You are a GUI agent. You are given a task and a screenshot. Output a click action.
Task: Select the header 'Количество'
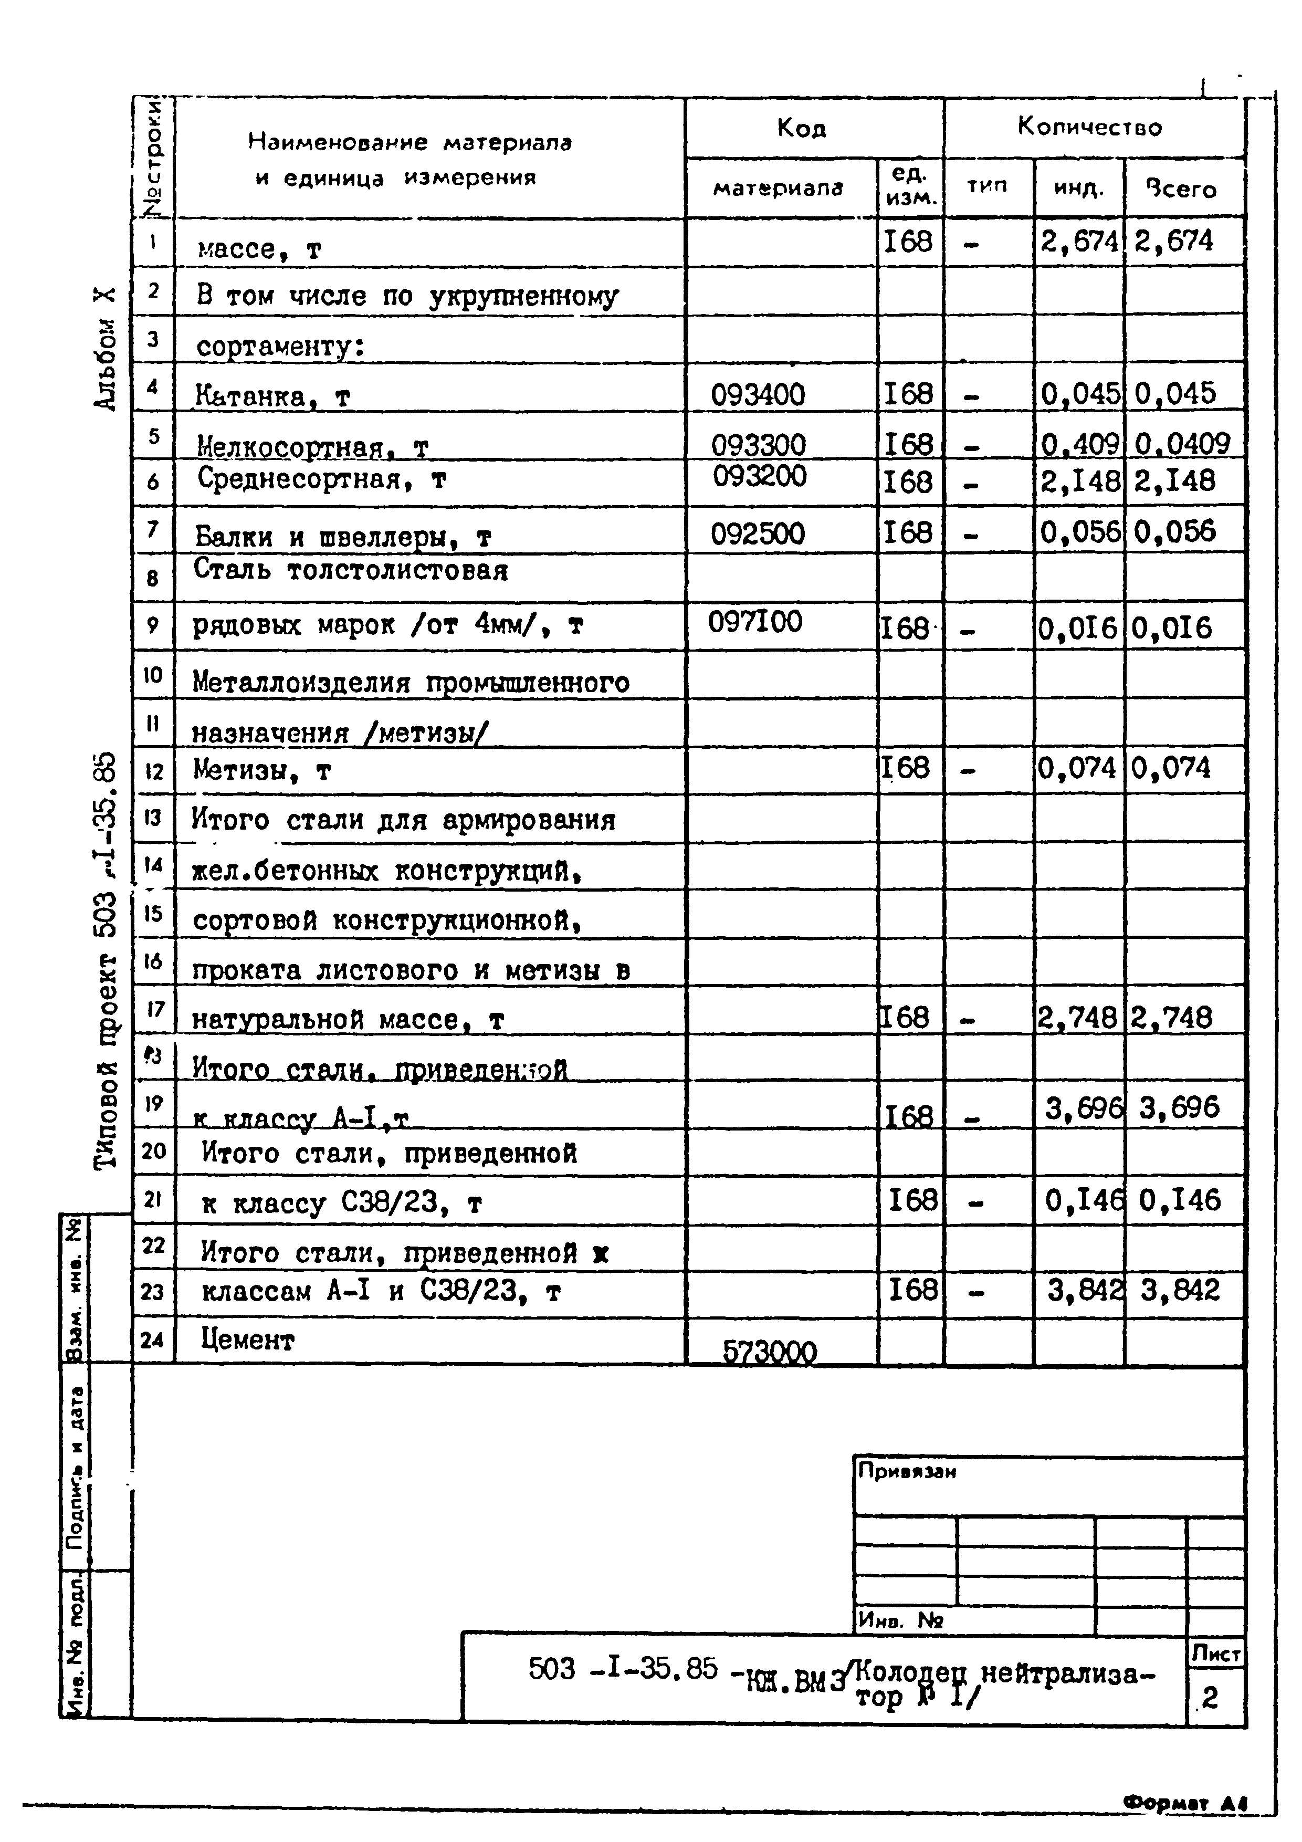point(1089,127)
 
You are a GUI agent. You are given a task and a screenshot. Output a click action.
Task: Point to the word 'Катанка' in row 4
point(250,396)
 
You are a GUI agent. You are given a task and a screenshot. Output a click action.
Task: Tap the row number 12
point(153,772)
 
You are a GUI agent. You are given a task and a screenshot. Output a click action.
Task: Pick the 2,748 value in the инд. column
point(1077,1018)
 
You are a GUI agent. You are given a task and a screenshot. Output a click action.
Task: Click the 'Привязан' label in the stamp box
point(907,1471)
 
